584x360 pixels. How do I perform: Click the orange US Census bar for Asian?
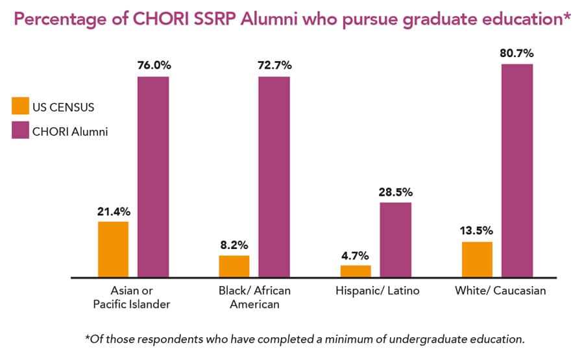[113, 250]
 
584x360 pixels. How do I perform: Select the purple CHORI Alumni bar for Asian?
[152, 177]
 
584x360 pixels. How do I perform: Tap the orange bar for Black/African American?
[234, 267]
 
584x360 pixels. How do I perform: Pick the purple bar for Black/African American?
[274, 177]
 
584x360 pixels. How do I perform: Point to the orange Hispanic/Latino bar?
[356, 271]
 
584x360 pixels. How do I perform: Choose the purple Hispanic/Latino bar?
[395, 240]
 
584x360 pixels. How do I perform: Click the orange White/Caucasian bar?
[477, 259]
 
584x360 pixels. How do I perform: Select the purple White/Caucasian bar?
[517, 171]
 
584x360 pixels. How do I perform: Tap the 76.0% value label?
[153, 66]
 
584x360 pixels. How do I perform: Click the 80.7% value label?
[517, 53]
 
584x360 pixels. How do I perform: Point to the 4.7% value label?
[356, 254]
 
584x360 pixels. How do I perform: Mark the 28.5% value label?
[395, 191]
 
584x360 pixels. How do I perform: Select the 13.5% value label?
[477, 230]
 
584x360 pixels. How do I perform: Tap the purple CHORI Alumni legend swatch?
[21, 130]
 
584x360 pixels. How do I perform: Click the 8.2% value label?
[234, 245]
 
